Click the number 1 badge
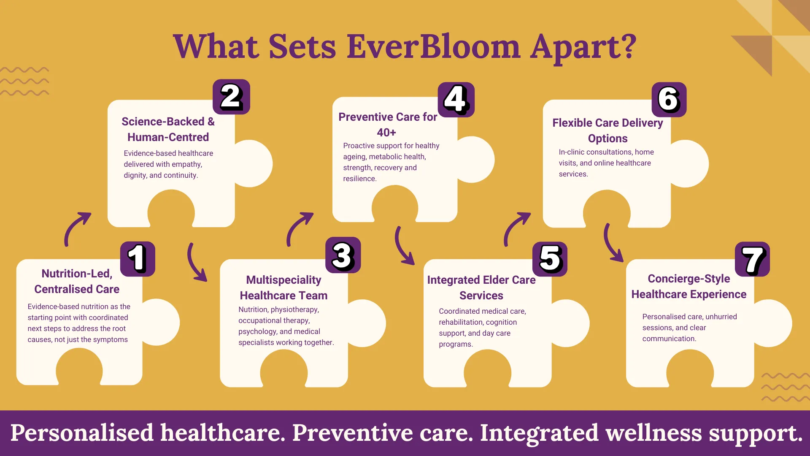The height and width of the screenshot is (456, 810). click(x=138, y=259)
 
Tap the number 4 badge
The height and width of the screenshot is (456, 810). click(x=456, y=100)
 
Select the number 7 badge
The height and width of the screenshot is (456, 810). click(x=752, y=259)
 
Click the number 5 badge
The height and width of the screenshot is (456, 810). click(x=550, y=259)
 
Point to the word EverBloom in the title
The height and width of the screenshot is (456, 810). click(x=433, y=46)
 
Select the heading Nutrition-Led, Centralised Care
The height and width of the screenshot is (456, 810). click(x=77, y=281)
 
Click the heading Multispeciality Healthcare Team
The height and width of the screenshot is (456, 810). click(x=283, y=288)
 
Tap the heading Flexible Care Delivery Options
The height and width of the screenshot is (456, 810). click(x=607, y=130)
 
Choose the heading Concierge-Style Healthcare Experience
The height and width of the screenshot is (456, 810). click(x=689, y=286)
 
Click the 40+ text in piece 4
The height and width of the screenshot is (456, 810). click(x=386, y=133)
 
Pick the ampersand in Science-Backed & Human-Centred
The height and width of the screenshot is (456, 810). click(x=211, y=122)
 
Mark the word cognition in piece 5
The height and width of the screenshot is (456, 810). click(x=501, y=322)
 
